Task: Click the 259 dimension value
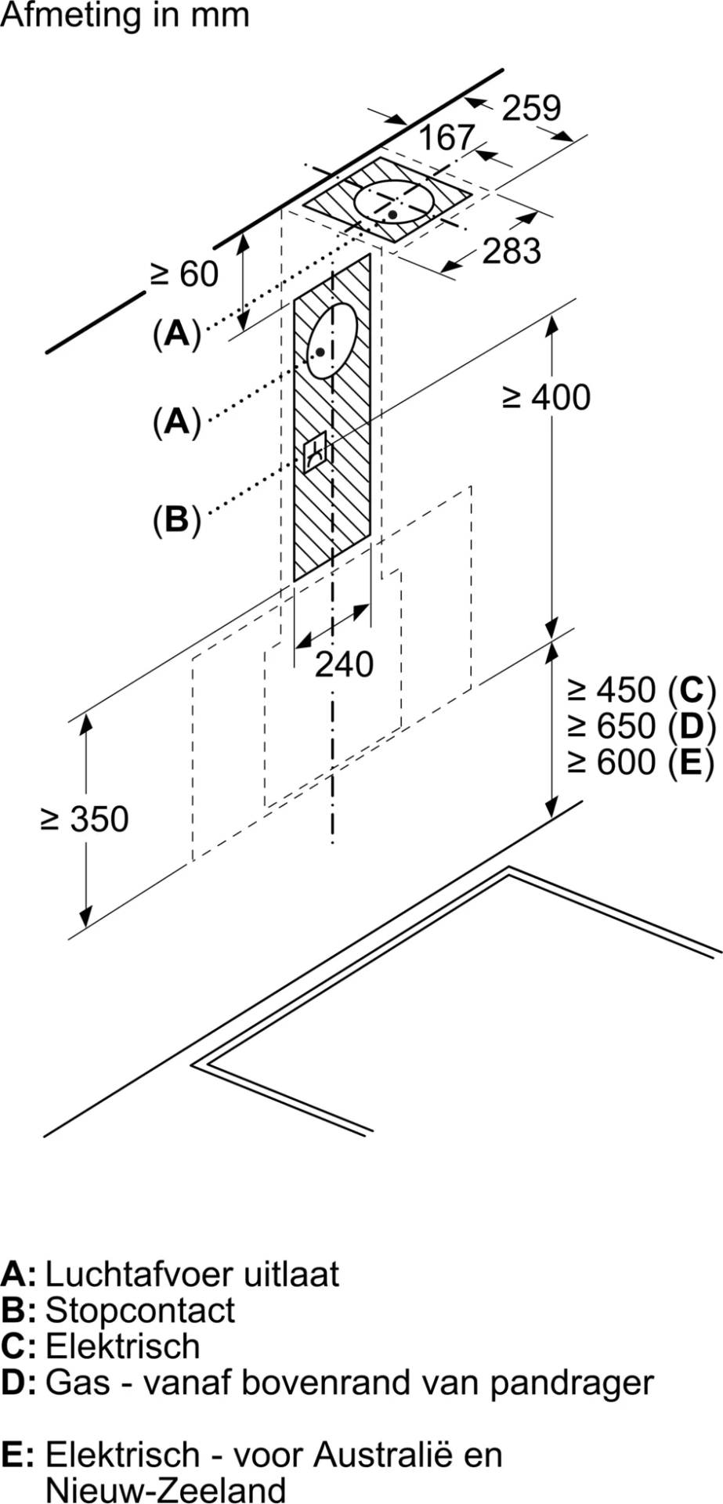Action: (x=531, y=108)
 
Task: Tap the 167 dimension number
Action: (x=446, y=139)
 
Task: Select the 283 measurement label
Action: (x=512, y=251)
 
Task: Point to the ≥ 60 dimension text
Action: (x=185, y=274)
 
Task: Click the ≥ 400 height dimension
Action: (x=546, y=398)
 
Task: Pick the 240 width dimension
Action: (x=344, y=665)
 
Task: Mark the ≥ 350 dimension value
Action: (x=85, y=819)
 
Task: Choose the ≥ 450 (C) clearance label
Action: (x=642, y=690)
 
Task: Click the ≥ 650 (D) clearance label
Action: (x=642, y=726)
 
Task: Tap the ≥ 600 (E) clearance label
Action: (x=642, y=761)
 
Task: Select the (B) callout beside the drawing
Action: (x=177, y=519)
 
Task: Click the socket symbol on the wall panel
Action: (x=315, y=453)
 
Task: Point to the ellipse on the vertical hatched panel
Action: (x=332, y=340)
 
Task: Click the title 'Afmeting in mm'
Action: (x=125, y=16)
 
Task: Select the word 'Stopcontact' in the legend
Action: (x=140, y=1310)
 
